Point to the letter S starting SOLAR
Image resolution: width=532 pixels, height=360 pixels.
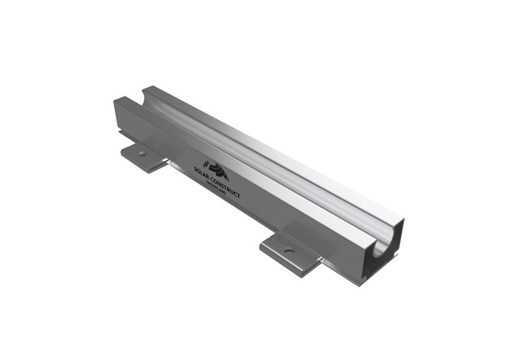pyautogui.click(x=195, y=169)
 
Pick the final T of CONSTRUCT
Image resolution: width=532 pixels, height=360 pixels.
pyautogui.click(x=238, y=196)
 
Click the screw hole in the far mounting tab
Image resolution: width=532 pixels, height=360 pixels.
pyautogui.click(x=143, y=154)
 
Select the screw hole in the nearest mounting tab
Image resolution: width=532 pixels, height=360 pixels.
pyautogui.click(x=289, y=250)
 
